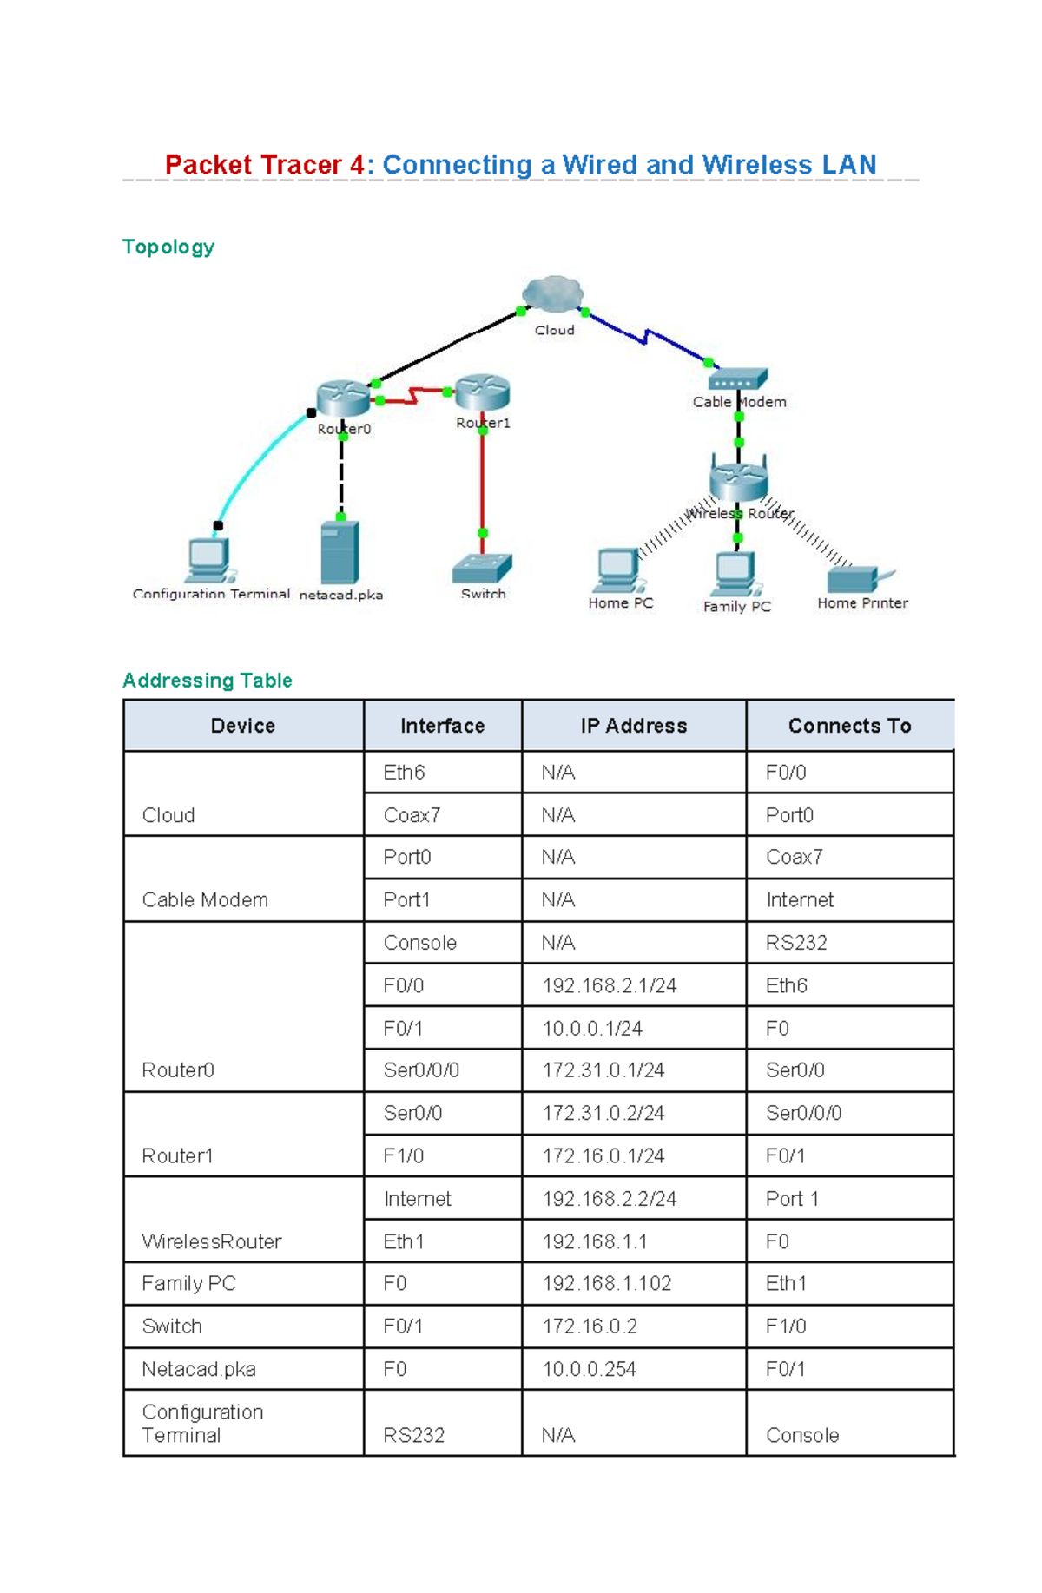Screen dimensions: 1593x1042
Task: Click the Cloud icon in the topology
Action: coord(552,295)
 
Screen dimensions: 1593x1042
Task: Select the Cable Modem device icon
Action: coord(738,379)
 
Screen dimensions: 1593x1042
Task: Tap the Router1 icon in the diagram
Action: coord(483,392)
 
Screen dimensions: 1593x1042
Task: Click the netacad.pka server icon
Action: coord(340,552)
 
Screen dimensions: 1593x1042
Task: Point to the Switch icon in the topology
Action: coord(482,569)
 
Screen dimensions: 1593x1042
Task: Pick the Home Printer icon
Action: coord(860,578)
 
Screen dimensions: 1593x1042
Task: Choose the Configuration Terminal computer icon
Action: coord(208,560)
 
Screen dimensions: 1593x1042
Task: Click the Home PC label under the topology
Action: coord(620,603)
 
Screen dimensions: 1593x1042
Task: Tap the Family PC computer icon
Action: coord(735,573)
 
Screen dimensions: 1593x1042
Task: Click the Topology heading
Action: coord(168,247)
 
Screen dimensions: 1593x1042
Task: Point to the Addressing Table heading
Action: coord(207,681)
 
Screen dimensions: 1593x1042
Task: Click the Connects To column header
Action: coord(849,726)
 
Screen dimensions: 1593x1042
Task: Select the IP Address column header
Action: coord(634,726)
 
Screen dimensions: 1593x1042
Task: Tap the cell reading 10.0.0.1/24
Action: coord(592,1029)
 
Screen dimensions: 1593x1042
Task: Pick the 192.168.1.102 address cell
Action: coord(607,1284)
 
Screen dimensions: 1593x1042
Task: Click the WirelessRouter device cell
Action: coord(211,1241)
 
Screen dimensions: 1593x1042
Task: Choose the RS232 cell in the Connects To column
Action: coord(796,943)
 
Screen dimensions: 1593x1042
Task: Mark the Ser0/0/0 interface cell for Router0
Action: coord(421,1070)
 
